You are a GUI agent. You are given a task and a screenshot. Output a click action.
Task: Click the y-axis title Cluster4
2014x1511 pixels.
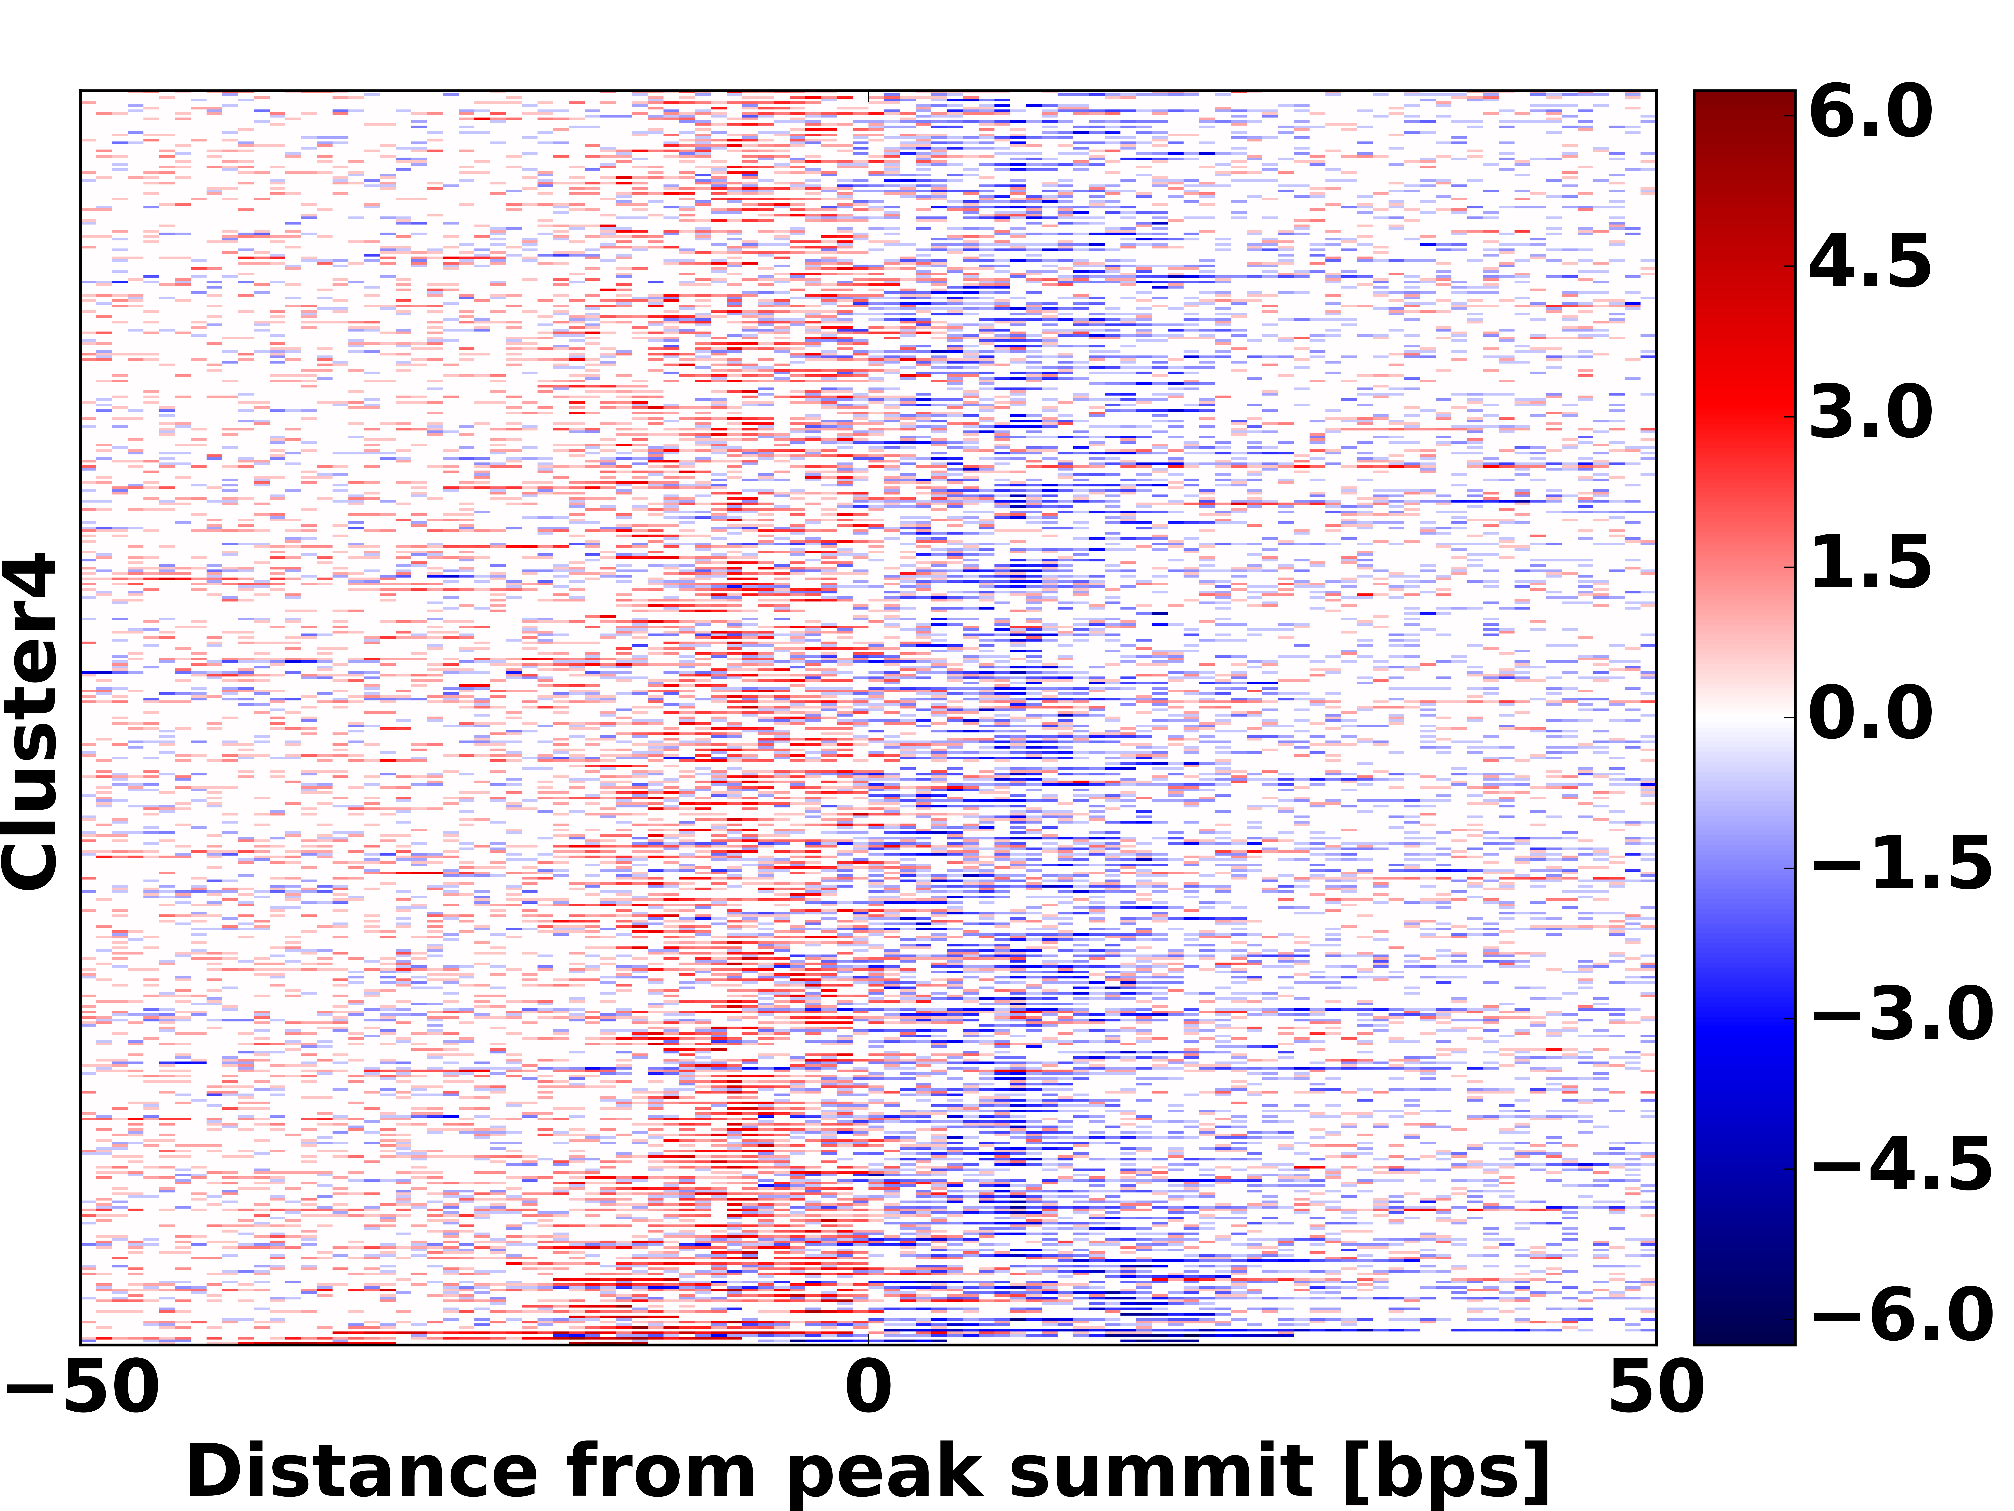(29, 719)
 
